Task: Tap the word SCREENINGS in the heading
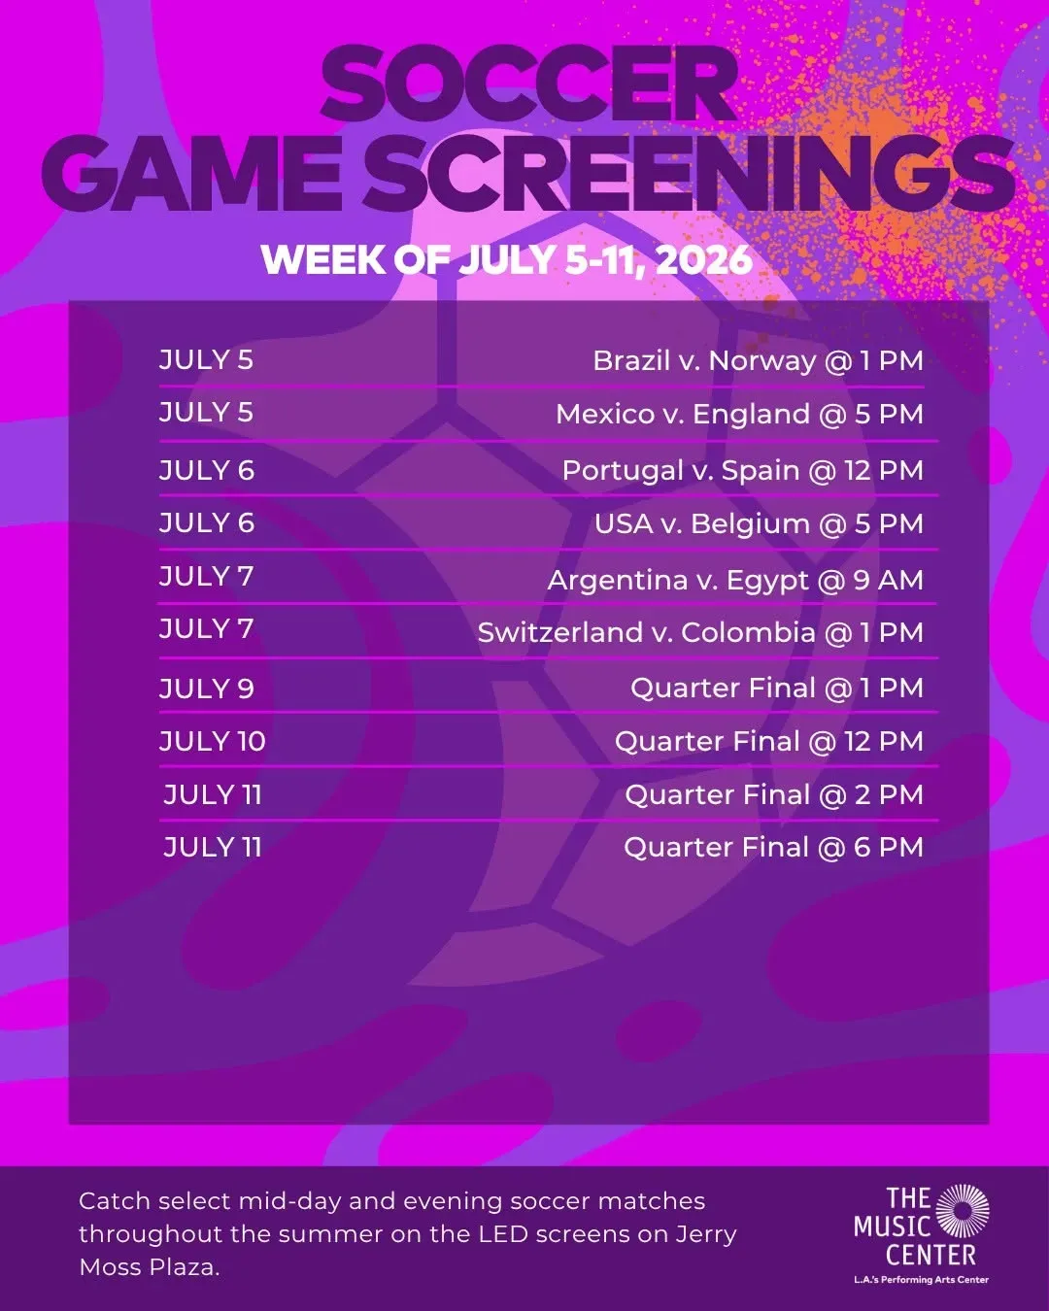click(x=690, y=173)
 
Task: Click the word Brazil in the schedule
click(x=631, y=360)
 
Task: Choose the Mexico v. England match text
click(x=683, y=415)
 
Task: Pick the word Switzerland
click(x=560, y=632)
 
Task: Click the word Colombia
click(x=748, y=632)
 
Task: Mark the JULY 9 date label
click(x=207, y=689)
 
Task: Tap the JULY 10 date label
click(x=212, y=741)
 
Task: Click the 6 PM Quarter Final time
click(x=888, y=848)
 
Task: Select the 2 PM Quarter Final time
click(x=889, y=795)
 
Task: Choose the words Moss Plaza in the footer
click(x=150, y=1267)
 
